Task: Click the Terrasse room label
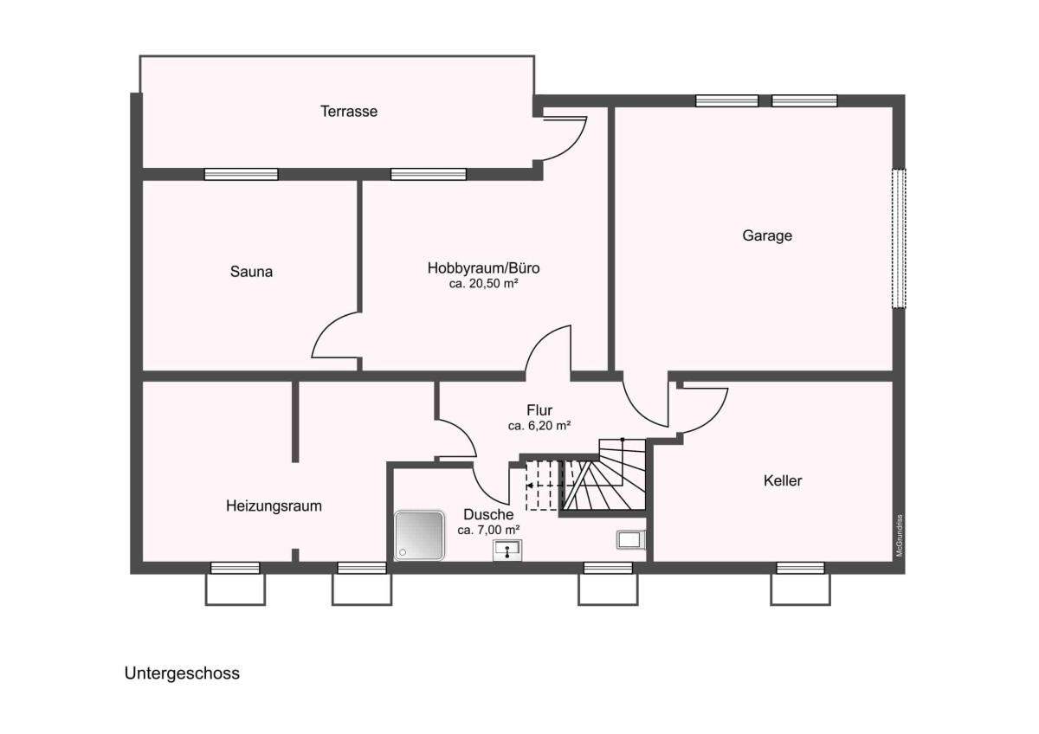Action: tap(349, 112)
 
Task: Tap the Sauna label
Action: tap(251, 271)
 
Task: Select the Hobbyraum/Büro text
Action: tap(483, 268)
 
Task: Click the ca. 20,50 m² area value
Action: tap(483, 284)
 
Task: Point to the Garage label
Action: tap(767, 235)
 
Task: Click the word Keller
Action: tap(783, 480)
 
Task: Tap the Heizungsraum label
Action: tap(274, 505)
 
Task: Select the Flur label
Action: tap(539, 410)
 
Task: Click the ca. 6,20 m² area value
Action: tap(539, 426)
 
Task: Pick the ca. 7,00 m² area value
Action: tap(488, 530)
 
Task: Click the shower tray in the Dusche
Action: tap(419, 535)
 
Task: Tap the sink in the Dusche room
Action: tap(507, 550)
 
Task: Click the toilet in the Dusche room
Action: tap(631, 540)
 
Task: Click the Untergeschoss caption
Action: tap(182, 673)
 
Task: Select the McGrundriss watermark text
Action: tap(900, 536)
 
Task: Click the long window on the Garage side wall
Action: tap(899, 238)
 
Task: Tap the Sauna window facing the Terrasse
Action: tap(242, 174)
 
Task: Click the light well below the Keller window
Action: tap(801, 589)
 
